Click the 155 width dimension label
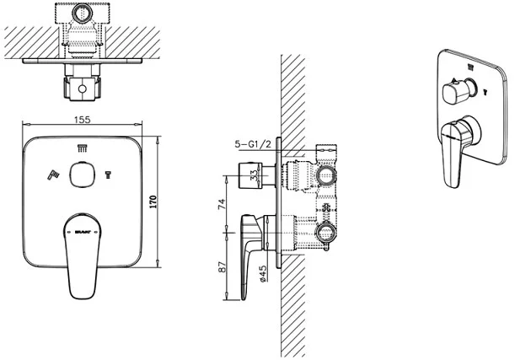pos(81,121)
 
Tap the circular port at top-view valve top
pos(81,14)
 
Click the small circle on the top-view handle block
pos(81,88)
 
